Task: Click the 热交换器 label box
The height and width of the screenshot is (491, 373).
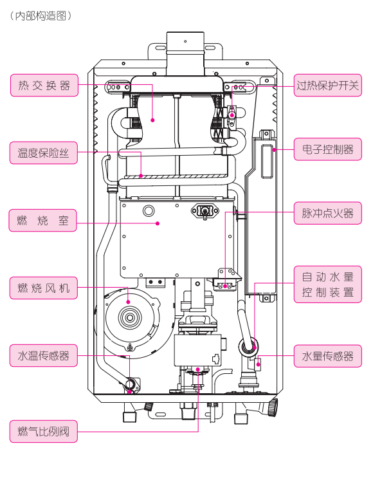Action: coord(44,85)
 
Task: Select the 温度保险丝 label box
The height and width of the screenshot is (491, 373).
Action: coord(44,153)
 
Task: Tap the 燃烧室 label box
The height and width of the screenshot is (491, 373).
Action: coord(42,221)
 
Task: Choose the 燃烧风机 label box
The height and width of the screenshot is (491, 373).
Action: coord(44,288)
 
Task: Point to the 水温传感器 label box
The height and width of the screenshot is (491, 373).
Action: coord(44,355)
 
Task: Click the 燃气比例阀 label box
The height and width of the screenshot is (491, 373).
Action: coord(44,431)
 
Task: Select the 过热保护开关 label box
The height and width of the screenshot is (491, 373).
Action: coord(327,85)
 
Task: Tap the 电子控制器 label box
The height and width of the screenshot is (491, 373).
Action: coord(327,149)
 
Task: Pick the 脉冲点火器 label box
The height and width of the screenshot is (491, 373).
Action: coord(327,213)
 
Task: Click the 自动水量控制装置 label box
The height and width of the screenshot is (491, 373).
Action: coord(327,284)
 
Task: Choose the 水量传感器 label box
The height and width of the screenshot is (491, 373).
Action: coord(327,356)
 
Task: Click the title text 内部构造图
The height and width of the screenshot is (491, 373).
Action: coord(41,15)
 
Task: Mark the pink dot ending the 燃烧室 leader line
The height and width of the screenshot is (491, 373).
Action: coord(158,223)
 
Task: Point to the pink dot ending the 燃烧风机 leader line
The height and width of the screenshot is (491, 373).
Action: coord(128,302)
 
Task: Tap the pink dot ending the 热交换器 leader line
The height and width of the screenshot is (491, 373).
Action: coord(152,120)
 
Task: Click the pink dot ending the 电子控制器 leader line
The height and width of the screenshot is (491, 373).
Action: coord(274,150)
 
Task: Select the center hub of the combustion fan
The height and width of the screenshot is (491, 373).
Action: coord(130,317)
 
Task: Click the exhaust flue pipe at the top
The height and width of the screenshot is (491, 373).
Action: coord(185,53)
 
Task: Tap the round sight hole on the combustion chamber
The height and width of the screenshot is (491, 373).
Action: coord(149,210)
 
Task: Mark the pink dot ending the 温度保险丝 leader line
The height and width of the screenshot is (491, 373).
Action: coord(141,176)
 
